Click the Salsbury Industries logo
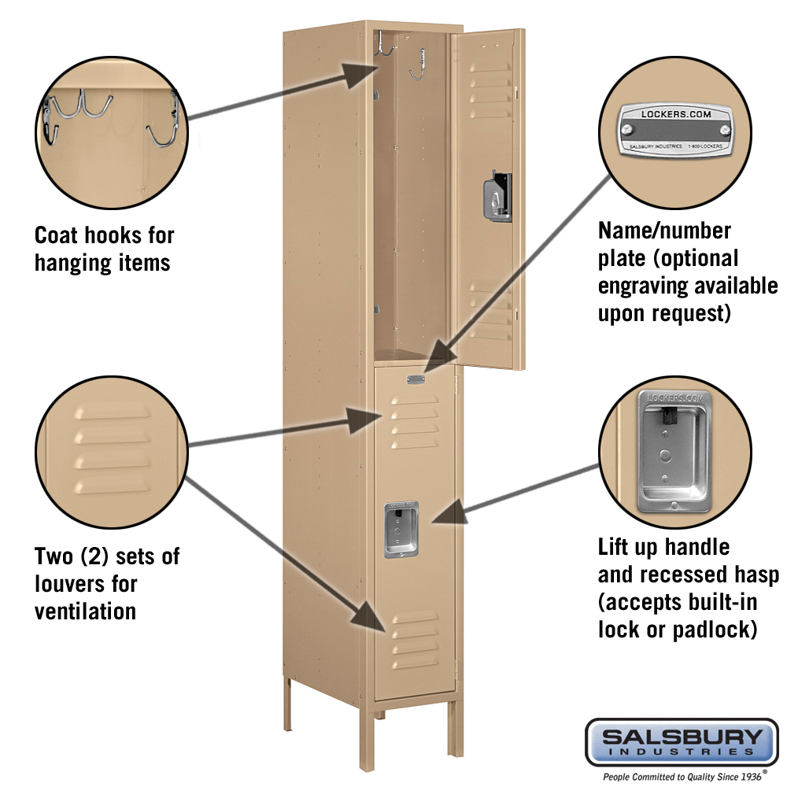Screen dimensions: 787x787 [682, 742]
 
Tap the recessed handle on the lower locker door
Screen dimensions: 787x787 [401, 530]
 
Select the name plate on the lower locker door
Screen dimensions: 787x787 [415, 380]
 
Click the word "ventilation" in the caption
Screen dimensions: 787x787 [85, 611]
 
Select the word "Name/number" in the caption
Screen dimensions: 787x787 [664, 231]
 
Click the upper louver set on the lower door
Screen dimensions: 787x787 [414, 421]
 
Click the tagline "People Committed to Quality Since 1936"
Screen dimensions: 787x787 [682, 776]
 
